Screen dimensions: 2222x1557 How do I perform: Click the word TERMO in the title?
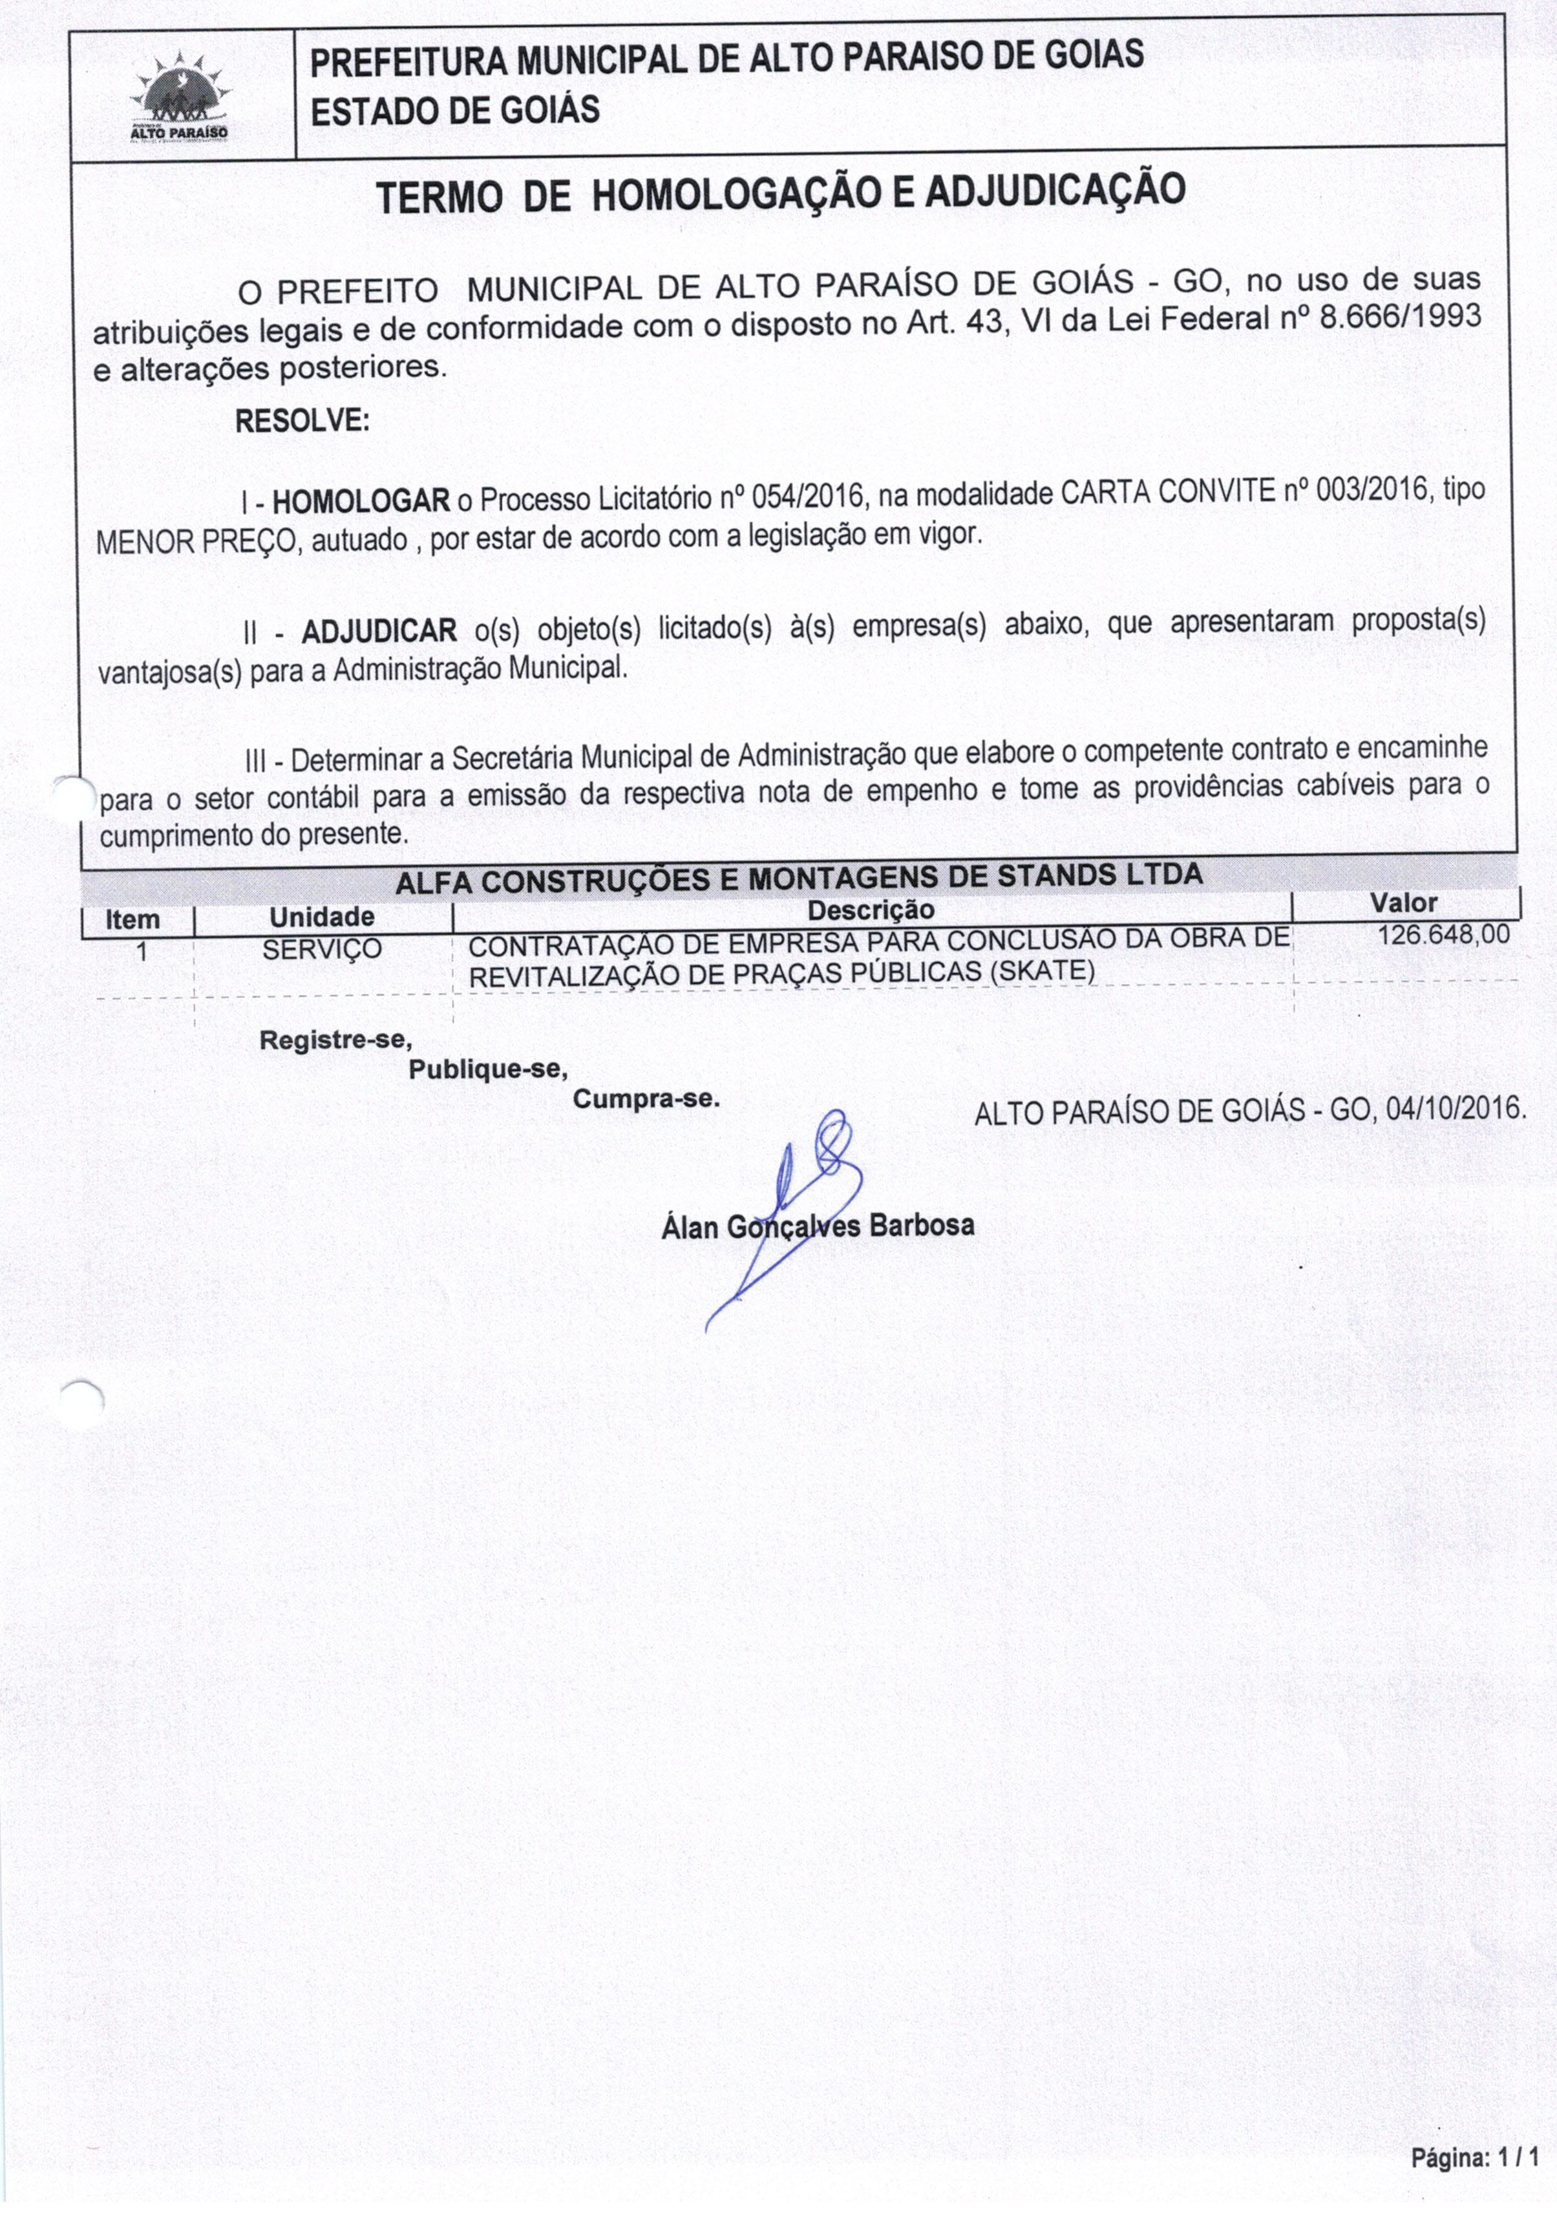(x=438, y=198)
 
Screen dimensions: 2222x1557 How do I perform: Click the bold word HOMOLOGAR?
(x=361, y=500)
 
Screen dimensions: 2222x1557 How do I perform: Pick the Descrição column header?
(x=871, y=910)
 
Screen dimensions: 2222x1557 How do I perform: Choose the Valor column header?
(x=1403, y=903)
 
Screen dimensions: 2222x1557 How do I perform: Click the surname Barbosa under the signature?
(x=921, y=1225)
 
